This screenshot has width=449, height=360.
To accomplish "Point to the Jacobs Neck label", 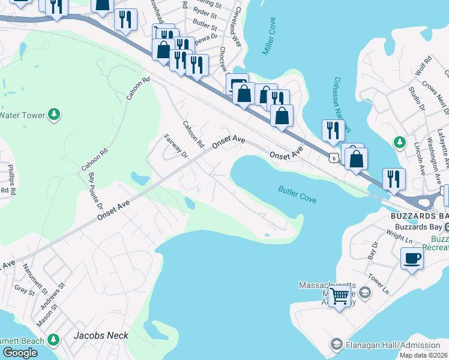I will pos(101,335).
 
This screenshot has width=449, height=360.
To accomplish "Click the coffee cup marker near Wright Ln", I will pos(412,259).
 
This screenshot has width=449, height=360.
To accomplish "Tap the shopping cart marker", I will pos(340,295).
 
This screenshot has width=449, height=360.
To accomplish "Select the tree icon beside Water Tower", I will pos(54,113).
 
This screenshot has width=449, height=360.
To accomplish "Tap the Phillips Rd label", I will pos(10,178).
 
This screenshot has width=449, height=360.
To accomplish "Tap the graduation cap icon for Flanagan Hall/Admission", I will pos(337,344).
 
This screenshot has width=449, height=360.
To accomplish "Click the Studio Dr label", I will pos(416,100).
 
